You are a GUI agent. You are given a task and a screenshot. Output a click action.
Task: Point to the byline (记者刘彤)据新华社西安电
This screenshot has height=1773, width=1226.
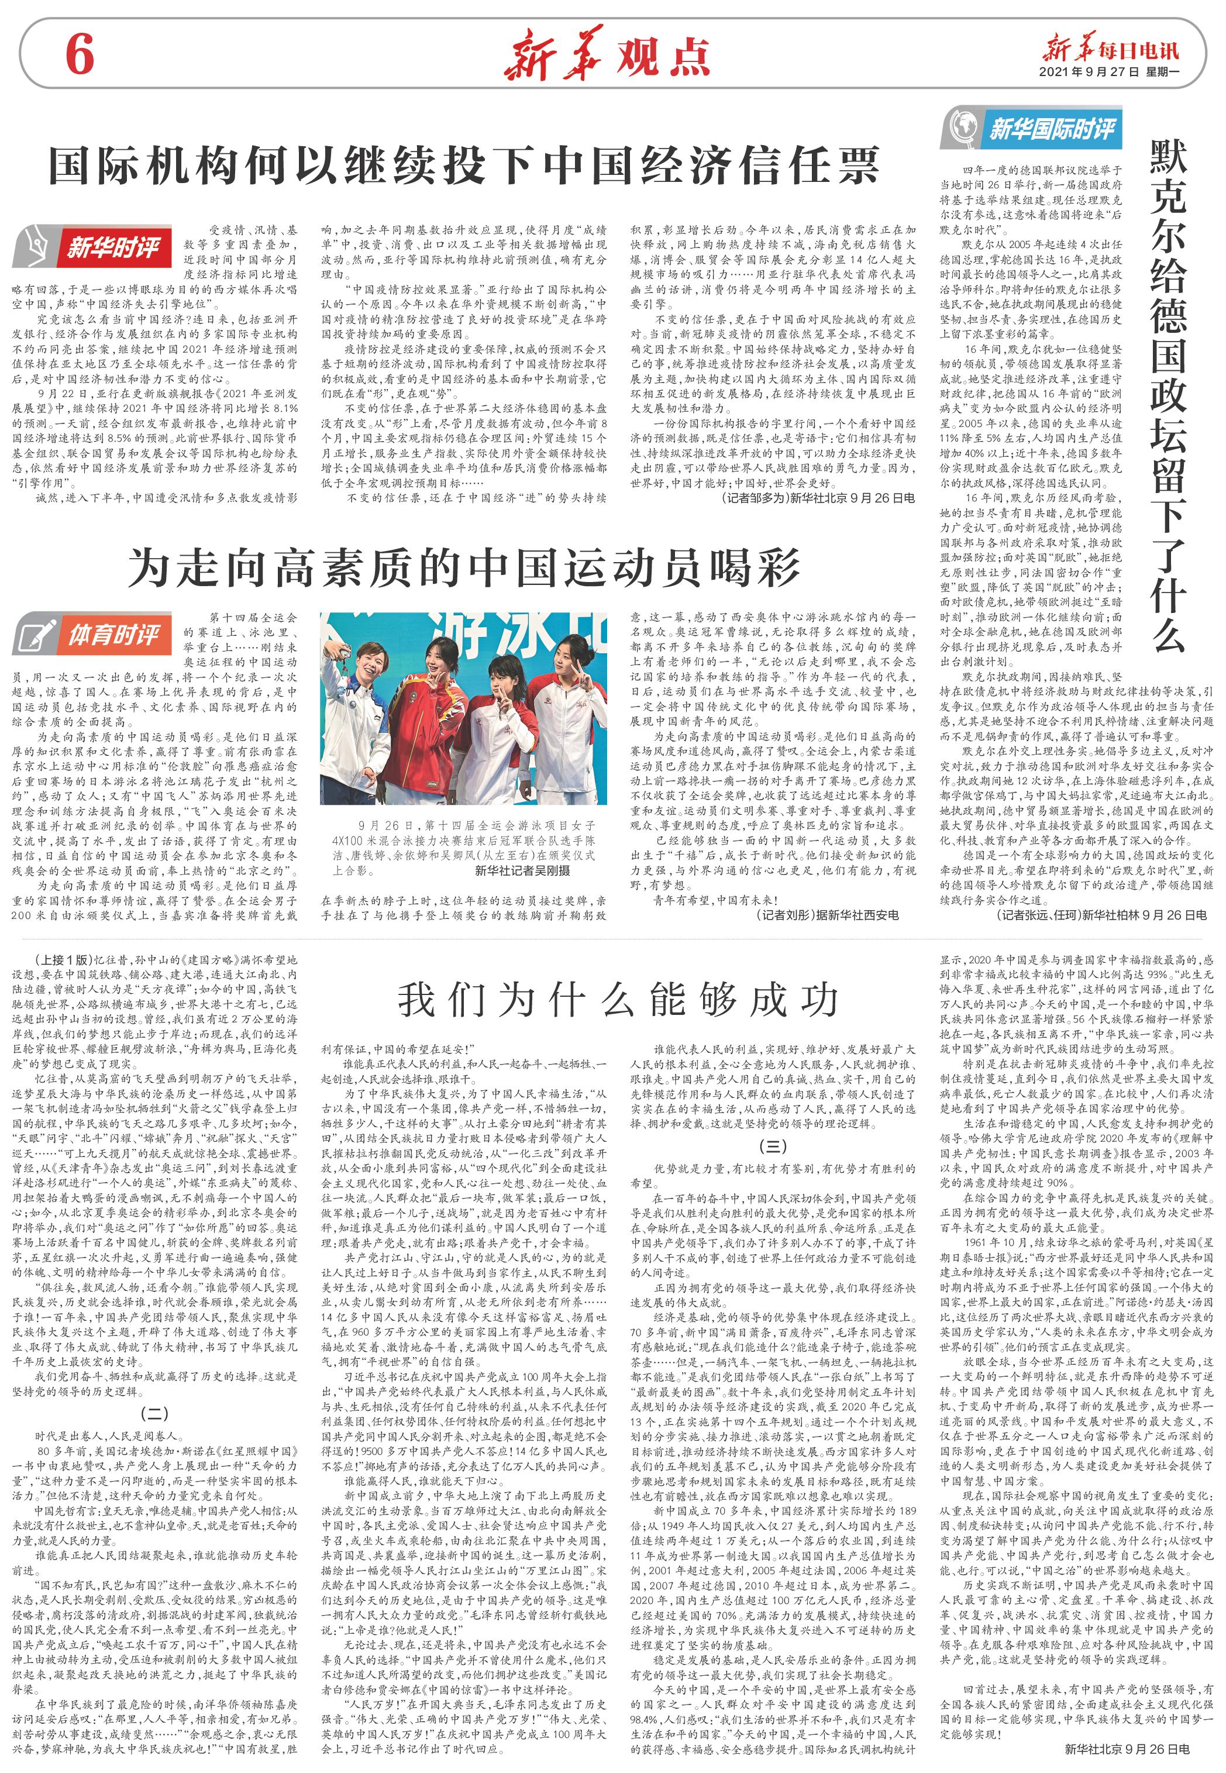tap(826, 914)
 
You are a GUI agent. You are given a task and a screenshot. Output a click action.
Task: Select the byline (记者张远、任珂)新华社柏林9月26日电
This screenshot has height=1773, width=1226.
tap(1101, 914)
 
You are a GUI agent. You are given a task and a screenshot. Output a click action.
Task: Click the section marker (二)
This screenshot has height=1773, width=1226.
tap(154, 1413)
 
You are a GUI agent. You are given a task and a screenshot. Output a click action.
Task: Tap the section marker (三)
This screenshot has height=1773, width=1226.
tap(773, 1145)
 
